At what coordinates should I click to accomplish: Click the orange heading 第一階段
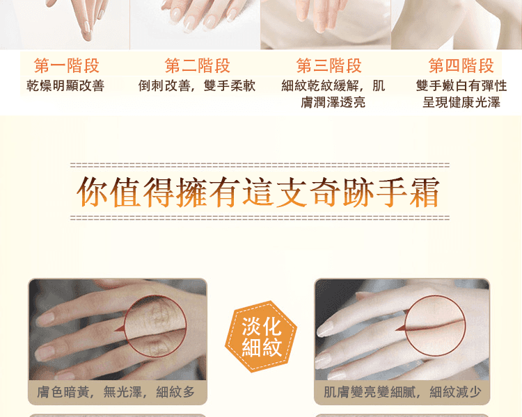[67, 65]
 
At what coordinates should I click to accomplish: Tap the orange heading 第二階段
[198, 65]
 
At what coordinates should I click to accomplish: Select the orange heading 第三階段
[329, 65]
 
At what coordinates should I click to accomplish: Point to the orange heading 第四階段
[461, 65]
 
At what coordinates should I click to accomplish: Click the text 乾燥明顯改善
[65, 85]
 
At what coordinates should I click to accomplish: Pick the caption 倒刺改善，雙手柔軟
[197, 85]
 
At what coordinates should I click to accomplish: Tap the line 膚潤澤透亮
[333, 102]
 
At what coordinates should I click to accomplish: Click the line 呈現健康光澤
[461, 102]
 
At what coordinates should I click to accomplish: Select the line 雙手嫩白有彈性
[461, 85]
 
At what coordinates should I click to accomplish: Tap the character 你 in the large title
[92, 192]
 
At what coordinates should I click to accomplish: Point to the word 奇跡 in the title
[342, 192]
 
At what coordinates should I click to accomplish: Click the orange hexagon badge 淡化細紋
[261, 336]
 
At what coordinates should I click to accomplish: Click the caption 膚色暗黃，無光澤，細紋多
[116, 392]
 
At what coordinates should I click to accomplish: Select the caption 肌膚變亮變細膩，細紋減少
[402, 392]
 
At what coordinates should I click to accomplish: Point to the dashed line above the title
[260, 165]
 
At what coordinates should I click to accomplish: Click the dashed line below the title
[260, 218]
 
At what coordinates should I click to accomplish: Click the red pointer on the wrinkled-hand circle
[120, 329]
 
